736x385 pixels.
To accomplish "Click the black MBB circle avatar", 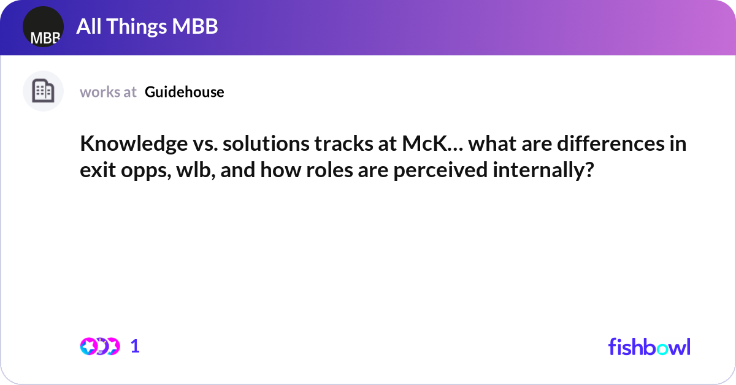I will [43, 27].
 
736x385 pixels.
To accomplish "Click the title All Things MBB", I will [147, 27].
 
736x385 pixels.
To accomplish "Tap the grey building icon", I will [43, 91].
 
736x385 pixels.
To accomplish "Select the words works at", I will [108, 92].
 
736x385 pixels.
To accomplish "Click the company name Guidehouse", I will [185, 92].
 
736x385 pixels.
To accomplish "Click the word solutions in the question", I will [259, 145].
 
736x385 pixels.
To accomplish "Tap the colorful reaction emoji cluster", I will [99, 346].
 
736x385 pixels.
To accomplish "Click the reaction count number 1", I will [135, 346].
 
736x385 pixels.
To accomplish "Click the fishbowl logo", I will [649, 346].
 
